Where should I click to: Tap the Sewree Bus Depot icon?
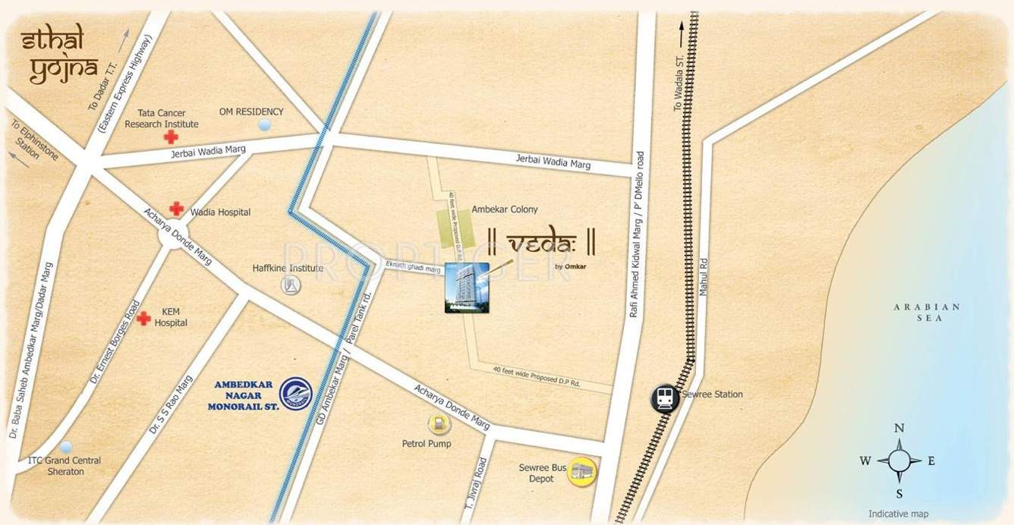[582, 472]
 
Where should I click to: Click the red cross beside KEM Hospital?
[143, 319]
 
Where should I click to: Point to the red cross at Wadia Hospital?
[177, 208]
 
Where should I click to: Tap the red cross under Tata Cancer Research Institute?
[172, 137]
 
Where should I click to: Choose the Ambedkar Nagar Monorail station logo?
[295, 394]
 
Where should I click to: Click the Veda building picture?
[467, 288]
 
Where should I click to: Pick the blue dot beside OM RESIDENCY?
[265, 124]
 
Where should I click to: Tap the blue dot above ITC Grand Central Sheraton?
[67, 447]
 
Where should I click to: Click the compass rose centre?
[899, 461]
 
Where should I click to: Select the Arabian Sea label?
[927, 313]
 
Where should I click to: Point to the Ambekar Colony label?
[505, 209]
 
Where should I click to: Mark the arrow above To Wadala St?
[681, 32]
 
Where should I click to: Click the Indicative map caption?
[899, 514]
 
